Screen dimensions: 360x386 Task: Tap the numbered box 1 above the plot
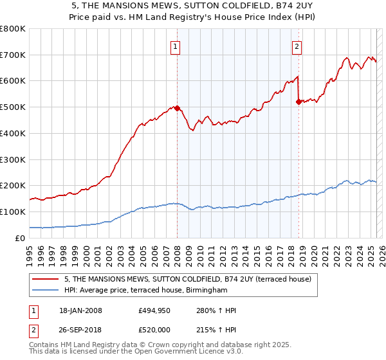pos(176,46)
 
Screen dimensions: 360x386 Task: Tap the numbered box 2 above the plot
pos(297,46)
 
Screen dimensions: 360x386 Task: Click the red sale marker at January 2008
pos(177,108)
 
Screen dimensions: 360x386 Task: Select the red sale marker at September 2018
pos(299,102)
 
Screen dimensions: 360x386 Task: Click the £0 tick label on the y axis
pos(20,238)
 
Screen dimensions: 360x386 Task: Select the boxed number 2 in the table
pos(33,330)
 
